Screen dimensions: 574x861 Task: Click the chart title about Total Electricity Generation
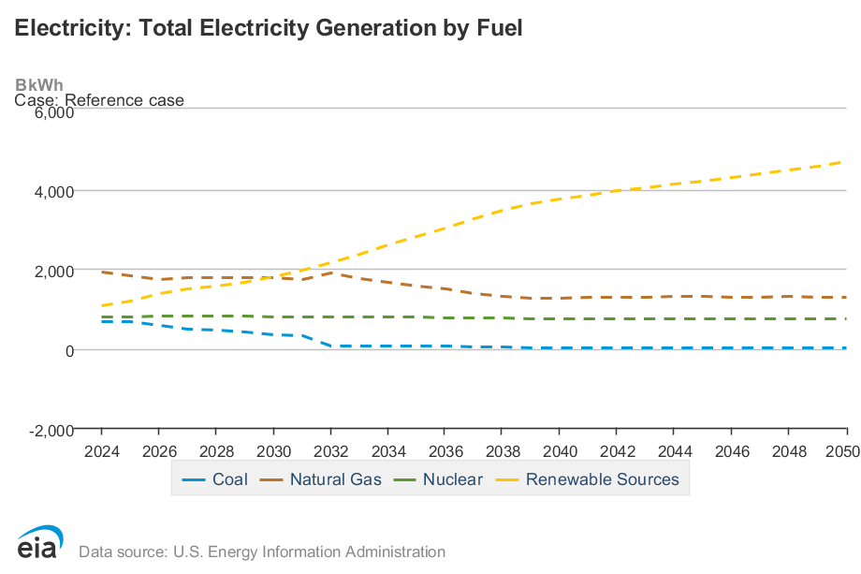pyautogui.click(x=268, y=28)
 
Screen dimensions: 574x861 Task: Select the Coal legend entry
pyautogui.click(x=216, y=479)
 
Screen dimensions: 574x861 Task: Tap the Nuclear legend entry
pyautogui.click(x=439, y=479)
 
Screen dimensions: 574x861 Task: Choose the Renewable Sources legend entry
pyautogui.click(x=590, y=479)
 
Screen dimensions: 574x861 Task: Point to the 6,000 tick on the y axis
pyautogui.click(x=53, y=112)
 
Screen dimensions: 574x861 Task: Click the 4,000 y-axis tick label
pyautogui.click(x=53, y=191)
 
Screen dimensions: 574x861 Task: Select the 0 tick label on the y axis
pyautogui.click(x=68, y=350)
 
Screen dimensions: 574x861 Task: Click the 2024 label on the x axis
pyautogui.click(x=102, y=449)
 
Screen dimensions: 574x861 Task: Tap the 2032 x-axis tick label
pyautogui.click(x=330, y=449)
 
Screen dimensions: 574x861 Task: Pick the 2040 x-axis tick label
pyautogui.click(x=559, y=449)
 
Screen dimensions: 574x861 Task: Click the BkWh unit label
pyautogui.click(x=39, y=85)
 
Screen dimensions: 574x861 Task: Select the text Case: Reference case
pyautogui.click(x=99, y=100)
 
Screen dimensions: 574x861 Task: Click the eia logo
pyautogui.click(x=39, y=543)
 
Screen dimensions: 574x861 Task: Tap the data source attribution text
pyautogui.click(x=262, y=552)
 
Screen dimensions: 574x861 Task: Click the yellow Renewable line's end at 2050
pyautogui.click(x=846, y=162)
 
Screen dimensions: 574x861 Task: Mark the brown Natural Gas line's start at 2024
pyautogui.click(x=102, y=272)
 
